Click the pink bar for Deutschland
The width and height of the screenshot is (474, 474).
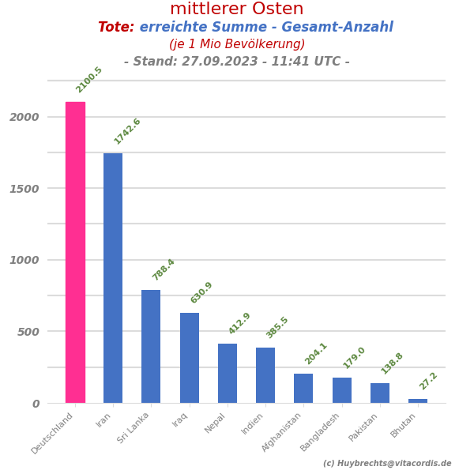[75, 253]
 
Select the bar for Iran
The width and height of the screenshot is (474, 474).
[113, 278]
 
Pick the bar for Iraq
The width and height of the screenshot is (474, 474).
[190, 358]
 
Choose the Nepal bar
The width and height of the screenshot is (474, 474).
[228, 373]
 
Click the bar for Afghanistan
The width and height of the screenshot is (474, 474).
[303, 388]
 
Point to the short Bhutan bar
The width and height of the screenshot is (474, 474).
[418, 401]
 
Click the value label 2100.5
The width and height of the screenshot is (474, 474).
[88, 80]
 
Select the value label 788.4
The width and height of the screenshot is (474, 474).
[164, 269]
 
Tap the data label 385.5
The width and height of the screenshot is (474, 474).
[277, 327]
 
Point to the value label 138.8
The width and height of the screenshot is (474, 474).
[392, 363]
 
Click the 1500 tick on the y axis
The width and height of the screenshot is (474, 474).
[24, 189]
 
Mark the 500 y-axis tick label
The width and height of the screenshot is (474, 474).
[28, 332]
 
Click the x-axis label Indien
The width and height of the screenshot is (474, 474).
[253, 423]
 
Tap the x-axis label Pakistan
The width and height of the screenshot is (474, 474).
[364, 427]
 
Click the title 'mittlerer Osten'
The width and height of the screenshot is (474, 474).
[237, 9]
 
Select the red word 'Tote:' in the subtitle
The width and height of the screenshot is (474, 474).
[116, 28]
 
